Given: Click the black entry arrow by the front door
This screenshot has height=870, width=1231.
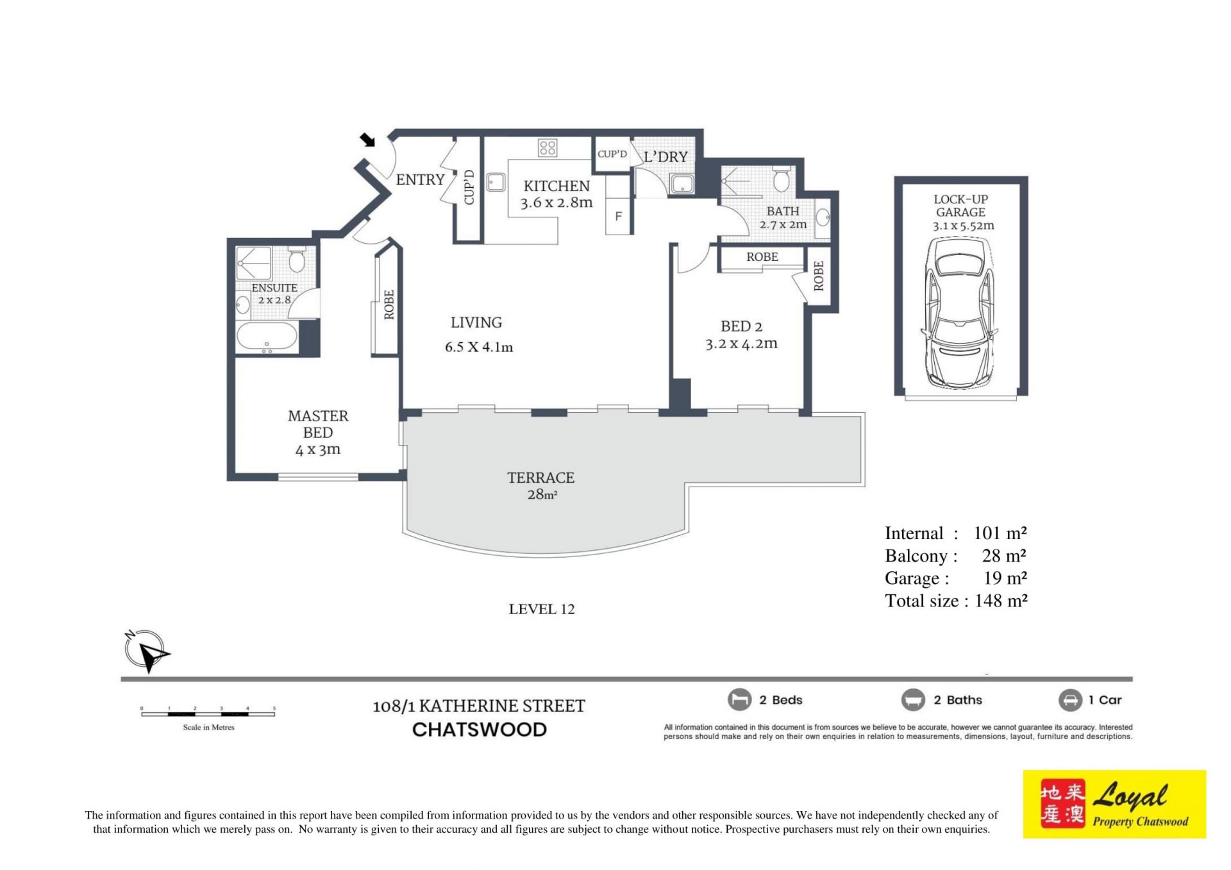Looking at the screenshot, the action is [x=367, y=140].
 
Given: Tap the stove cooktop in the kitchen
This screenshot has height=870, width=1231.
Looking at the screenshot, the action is [x=548, y=148].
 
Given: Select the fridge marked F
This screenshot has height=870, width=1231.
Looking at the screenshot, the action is [x=619, y=217].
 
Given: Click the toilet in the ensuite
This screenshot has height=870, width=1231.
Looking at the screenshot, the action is [x=296, y=260].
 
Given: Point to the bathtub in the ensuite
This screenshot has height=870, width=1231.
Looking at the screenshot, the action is [x=267, y=337].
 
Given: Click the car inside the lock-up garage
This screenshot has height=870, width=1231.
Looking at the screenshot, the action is [x=960, y=312].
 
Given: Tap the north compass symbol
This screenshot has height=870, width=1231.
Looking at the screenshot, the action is [x=146, y=651].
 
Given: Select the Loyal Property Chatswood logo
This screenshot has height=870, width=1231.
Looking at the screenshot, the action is [x=1114, y=804].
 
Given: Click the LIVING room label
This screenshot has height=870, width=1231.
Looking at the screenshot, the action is [x=476, y=322].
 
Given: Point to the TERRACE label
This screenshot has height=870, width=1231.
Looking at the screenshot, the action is [x=541, y=478].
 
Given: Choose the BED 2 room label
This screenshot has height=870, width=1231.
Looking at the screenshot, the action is [x=742, y=326].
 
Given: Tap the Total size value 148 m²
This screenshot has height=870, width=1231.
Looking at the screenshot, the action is [x=1001, y=601].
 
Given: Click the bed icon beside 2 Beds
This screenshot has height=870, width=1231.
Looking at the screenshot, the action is [x=739, y=699].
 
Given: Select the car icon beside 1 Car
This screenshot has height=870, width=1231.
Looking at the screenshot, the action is [x=1070, y=699].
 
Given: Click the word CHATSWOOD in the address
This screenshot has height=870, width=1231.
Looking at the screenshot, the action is [x=480, y=730].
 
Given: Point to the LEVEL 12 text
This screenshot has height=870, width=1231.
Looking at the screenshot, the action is [x=542, y=609].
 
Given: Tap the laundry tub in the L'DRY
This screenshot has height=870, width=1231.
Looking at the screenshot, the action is [x=682, y=184].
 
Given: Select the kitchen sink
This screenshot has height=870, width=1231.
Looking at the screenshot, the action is [x=496, y=183].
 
